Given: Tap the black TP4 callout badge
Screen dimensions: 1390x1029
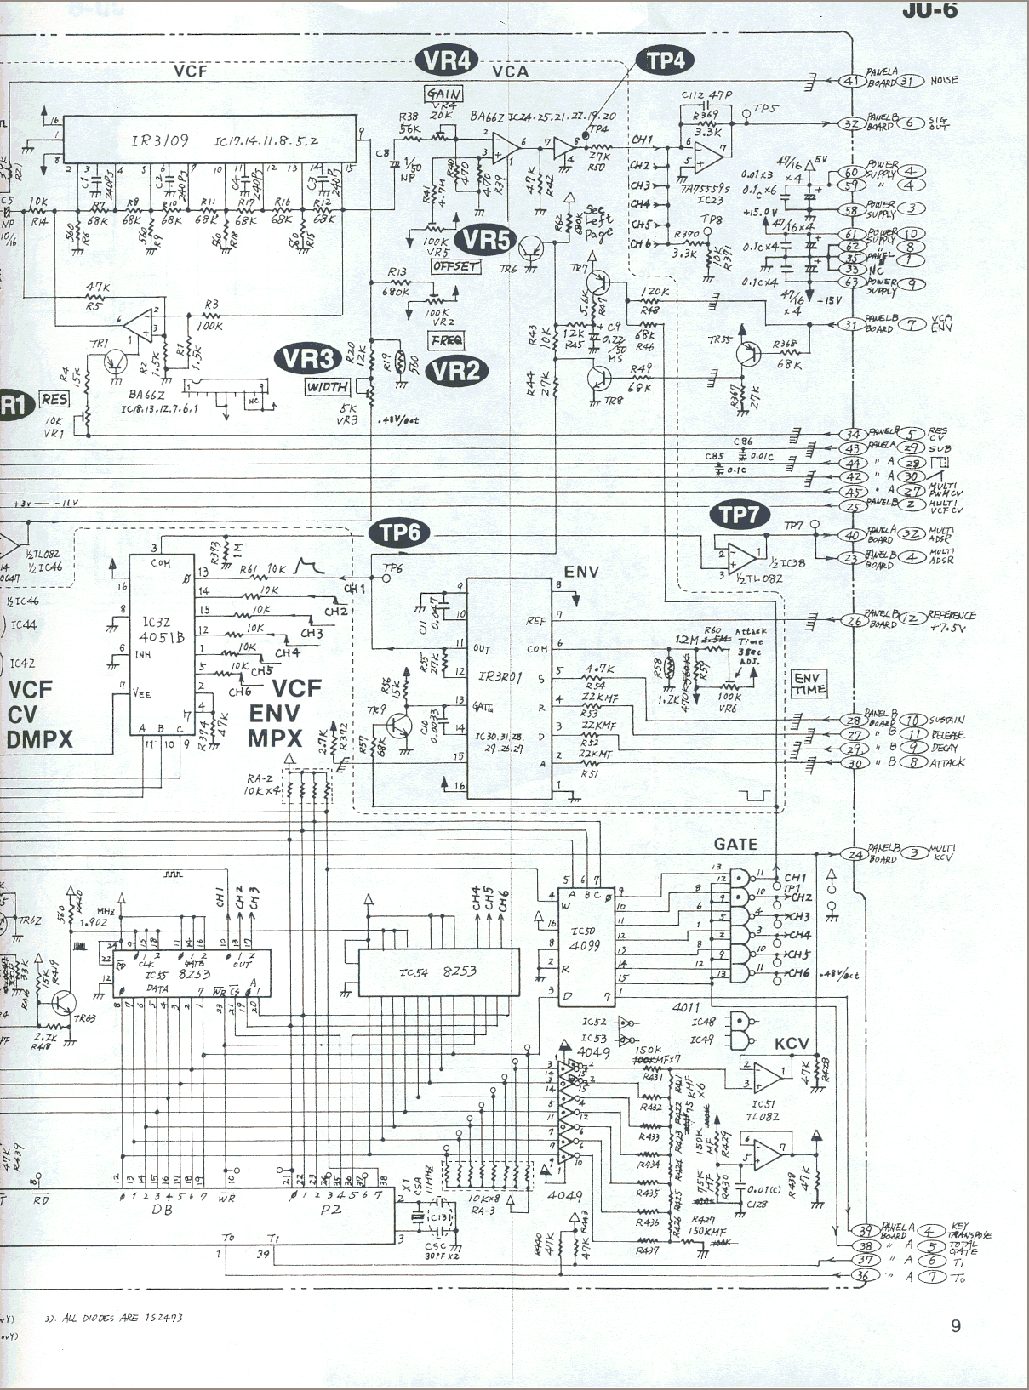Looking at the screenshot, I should click(665, 60).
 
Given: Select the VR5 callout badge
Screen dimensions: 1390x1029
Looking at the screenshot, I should click(486, 240).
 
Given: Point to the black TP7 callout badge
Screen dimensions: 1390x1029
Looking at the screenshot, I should click(738, 514).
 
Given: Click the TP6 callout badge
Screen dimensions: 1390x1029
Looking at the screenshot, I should click(399, 533).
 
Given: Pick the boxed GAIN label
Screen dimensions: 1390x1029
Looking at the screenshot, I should click(444, 94).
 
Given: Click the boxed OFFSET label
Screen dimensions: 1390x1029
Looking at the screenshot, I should click(456, 266).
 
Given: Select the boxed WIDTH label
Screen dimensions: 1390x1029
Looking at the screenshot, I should click(328, 387).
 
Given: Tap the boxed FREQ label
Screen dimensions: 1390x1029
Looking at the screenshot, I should click(447, 341).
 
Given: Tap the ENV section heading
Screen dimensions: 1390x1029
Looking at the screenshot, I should click(581, 572).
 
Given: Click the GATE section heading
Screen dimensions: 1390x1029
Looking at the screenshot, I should click(735, 844).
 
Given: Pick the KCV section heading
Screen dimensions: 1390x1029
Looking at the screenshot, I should click(792, 1044).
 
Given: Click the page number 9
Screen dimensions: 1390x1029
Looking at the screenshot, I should click(956, 1325).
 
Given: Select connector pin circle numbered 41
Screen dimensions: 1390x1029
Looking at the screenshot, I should click(851, 81).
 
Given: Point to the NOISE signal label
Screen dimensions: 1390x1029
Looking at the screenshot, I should click(944, 81).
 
